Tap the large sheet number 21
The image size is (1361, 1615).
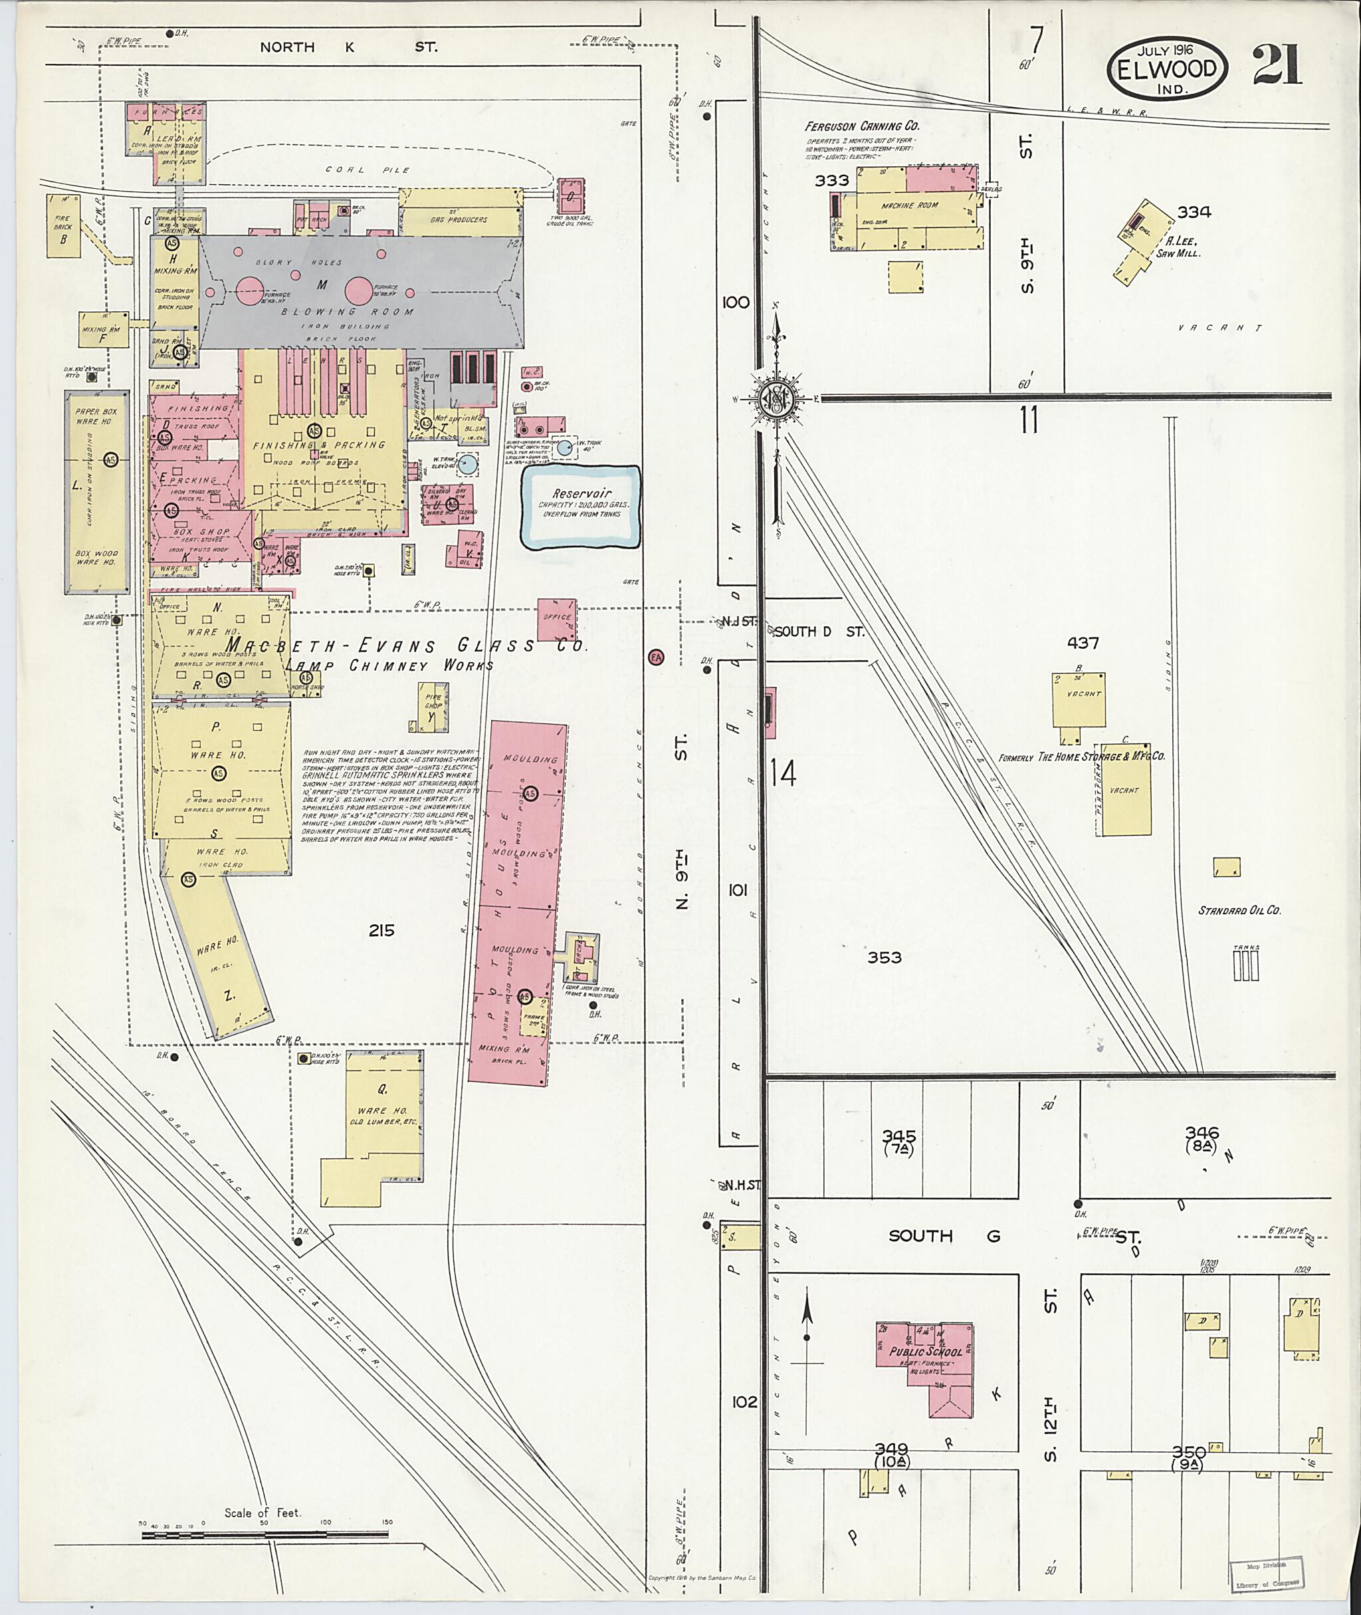[1277, 65]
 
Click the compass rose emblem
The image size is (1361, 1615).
[777, 398]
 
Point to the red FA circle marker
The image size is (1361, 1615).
[657, 657]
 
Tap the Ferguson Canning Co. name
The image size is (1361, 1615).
[862, 126]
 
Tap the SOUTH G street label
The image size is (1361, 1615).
[944, 1236]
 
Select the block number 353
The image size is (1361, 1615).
[885, 957]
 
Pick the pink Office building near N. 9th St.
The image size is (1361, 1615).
[556, 618]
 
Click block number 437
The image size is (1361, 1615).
[1083, 643]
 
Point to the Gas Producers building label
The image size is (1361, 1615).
[459, 220]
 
